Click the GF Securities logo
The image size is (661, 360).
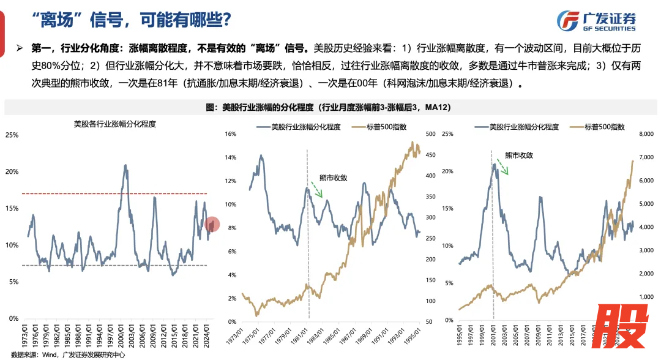click(596, 21)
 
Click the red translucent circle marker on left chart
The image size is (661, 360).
click(212, 225)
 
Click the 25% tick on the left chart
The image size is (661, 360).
click(12, 134)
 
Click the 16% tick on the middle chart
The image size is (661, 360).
click(231, 133)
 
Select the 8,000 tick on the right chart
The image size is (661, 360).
click(646, 133)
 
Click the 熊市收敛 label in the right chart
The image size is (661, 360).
click(518, 156)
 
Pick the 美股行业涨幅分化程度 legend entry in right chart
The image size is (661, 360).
click(518, 127)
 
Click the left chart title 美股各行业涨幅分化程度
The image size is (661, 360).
click(114, 124)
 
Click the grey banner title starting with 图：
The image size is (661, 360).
click(330, 108)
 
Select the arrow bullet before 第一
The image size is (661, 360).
click(20, 47)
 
